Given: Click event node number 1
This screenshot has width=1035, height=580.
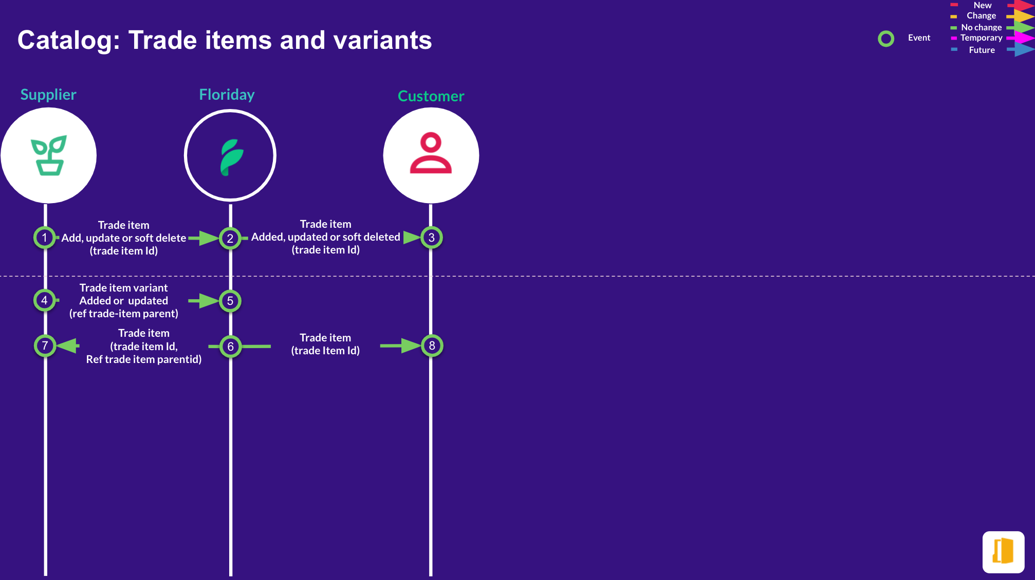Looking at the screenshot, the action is (x=45, y=238).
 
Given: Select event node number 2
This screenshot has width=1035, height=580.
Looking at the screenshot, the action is (x=230, y=238).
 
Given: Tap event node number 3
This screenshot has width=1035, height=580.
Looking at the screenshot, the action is (x=432, y=238).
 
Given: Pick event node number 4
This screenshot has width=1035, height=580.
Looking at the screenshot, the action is (x=45, y=300).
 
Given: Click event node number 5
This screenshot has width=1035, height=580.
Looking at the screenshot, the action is (x=230, y=301).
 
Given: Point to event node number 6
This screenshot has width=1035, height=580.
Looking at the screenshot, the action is (x=230, y=347).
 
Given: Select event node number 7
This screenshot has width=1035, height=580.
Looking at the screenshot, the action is (x=45, y=346).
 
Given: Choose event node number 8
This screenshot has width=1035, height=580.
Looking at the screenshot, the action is (x=432, y=346).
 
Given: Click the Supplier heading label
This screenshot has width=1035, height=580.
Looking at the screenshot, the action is (x=48, y=95).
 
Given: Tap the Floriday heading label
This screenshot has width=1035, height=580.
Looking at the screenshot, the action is (x=227, y=95).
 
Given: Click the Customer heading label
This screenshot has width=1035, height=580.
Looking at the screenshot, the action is (x=431, y=96).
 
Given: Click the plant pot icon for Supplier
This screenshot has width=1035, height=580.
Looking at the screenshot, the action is (x=49, y=155).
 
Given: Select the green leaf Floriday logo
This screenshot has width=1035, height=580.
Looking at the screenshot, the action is (x=231, y=157).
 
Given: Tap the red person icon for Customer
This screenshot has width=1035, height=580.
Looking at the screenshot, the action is (x=431, y=153).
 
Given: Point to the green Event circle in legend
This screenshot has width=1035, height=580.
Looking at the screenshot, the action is (x=886, y=39).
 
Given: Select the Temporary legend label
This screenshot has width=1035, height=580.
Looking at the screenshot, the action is (x=982, y=38).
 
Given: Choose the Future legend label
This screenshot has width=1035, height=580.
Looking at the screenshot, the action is (x=982, y=50).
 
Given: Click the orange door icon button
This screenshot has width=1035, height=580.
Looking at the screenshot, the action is (x=1003, y=552).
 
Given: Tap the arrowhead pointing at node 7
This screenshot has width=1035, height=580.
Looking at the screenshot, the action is (x=67, y=346).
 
